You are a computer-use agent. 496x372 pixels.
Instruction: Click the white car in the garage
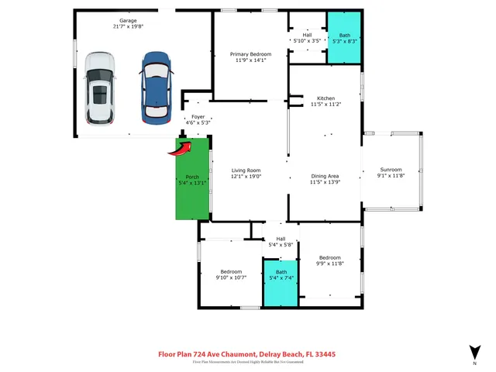[x=99, y=88]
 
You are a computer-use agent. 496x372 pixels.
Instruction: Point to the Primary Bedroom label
[x=250, y=54]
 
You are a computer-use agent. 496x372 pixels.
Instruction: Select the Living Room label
[x=246, y=170]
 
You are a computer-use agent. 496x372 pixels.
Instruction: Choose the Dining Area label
[x=325, y=176]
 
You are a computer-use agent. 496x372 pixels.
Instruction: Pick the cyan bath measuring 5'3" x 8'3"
[x=341, y=40]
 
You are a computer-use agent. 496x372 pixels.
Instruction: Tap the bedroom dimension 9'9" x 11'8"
[x=330, y=263]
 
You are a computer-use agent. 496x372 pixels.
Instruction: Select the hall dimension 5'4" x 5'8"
[x=281, y=245]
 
